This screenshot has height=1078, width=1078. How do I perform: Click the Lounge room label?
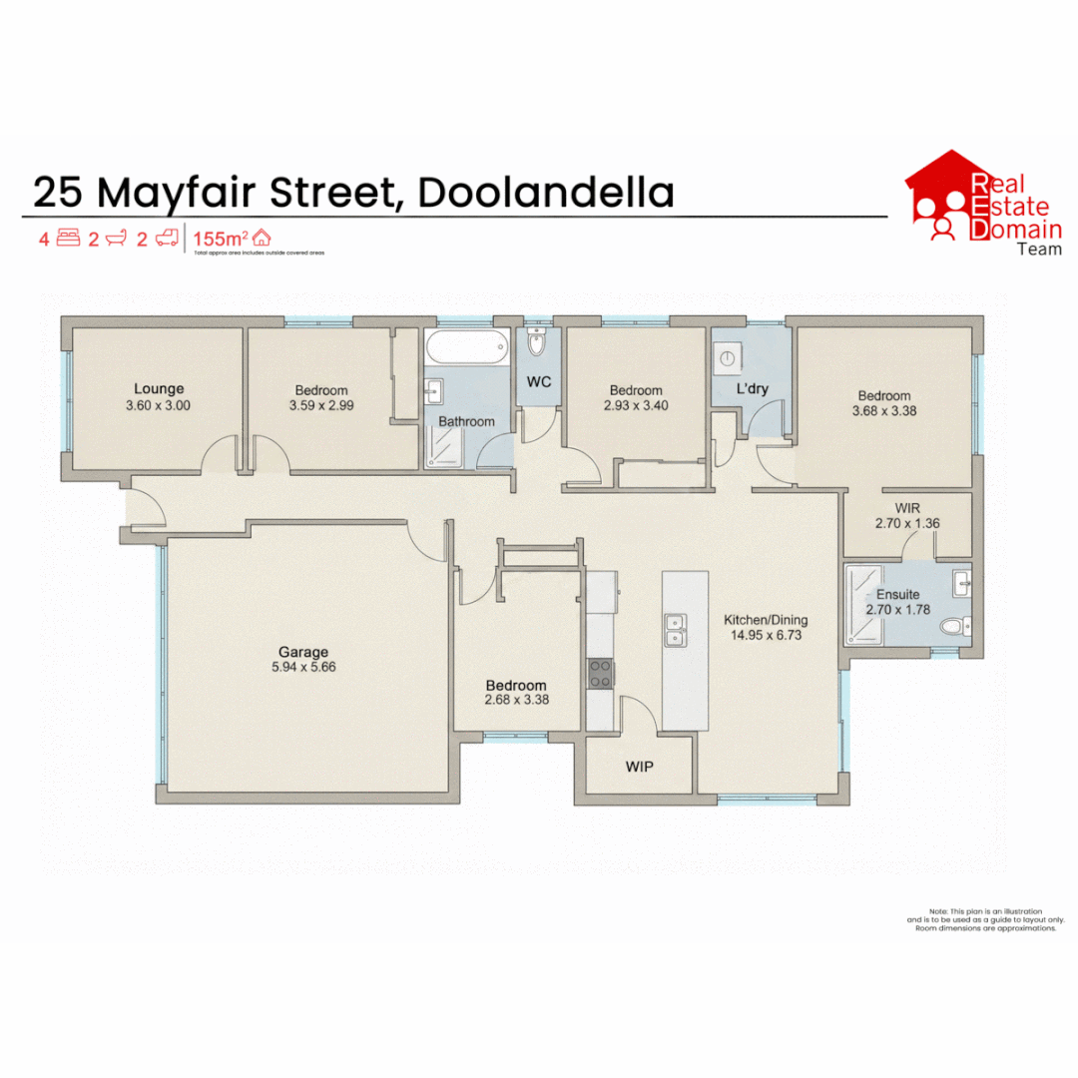tap(160, 389)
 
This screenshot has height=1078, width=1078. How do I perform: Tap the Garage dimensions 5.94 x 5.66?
tap(303, 667)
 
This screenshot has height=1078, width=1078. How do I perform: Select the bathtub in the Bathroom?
tap(467, 349)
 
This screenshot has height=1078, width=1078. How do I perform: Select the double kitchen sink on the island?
tap(675, 629)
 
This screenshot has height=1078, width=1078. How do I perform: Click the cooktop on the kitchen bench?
tap(600, 674)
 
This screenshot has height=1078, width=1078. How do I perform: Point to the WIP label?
tap(640, 767)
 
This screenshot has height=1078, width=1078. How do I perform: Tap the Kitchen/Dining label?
tap(766, 619)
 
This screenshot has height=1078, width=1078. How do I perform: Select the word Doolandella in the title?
tap(545, 192)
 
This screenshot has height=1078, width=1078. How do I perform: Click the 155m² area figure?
tap(220, 239)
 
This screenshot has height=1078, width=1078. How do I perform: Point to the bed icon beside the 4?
tap(68, 239)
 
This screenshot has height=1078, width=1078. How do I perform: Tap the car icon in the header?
tap(167, 239)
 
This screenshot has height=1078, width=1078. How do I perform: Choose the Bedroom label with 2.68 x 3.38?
tap(515, 685)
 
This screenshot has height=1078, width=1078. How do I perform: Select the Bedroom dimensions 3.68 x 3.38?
tap(882, 410)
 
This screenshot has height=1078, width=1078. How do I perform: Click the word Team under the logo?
tap(1038, 249)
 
